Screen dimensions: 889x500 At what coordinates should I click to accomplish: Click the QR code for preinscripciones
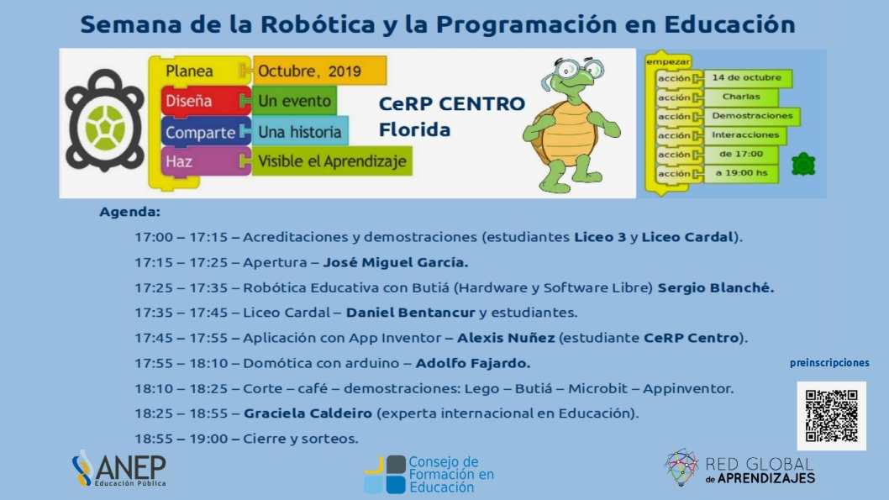tap(831, 415)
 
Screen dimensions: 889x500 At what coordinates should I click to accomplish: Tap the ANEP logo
tap(119, 468)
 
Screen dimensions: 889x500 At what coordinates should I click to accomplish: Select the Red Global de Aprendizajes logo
tap(739, 468)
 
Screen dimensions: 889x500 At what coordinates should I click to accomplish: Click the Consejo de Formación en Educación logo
tap(429, 475)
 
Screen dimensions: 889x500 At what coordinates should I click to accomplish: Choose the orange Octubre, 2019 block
tap(320, 71)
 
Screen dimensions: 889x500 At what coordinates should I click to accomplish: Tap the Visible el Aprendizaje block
tap(332, 161)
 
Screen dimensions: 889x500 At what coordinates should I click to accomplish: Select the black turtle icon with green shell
tap(105, 121)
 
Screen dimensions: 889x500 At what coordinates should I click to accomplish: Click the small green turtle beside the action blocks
tap(803, 164)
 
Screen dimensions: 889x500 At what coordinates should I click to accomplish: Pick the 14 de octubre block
tap(747, 78)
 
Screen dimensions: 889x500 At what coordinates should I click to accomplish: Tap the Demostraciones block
tap(752, 116)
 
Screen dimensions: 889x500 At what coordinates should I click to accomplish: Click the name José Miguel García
tap(396, 262)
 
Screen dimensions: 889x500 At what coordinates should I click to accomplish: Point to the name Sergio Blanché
tap(716, 287)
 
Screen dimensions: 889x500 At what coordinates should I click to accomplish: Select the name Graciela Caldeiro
tap(308, 413)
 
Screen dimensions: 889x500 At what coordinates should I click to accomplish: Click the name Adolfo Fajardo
tap(473, 363)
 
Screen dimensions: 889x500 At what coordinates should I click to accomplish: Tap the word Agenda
tap(130, 212)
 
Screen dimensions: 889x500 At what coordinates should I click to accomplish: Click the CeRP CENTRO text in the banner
tap(452, 103)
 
